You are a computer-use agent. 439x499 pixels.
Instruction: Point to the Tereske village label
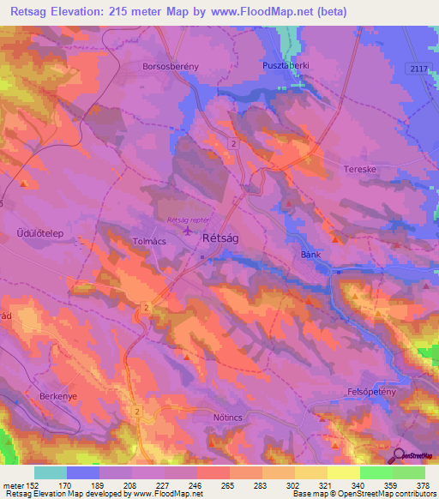tap(359, 169)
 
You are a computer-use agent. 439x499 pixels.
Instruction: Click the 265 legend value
tap(226, 484)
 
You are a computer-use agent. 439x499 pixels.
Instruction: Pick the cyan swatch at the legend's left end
tap(51, 472)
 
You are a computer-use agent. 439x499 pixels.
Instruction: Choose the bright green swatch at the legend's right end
tap(409, 472)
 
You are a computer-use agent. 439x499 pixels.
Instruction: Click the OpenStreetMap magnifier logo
tap(399, 456)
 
